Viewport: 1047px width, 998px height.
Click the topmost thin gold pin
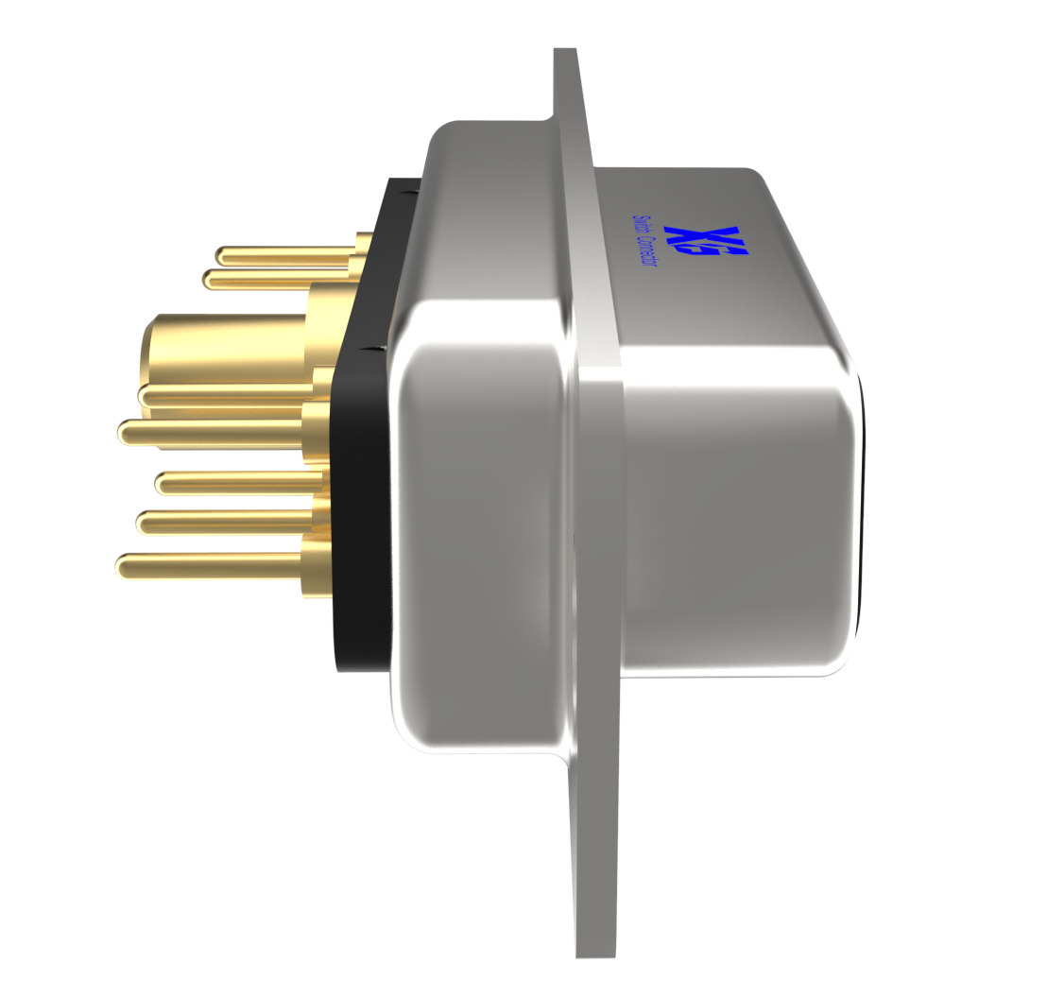point(283,254)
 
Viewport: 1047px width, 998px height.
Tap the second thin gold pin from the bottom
point(227,522)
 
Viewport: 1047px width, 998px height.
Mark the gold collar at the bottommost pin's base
point(317,567)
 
